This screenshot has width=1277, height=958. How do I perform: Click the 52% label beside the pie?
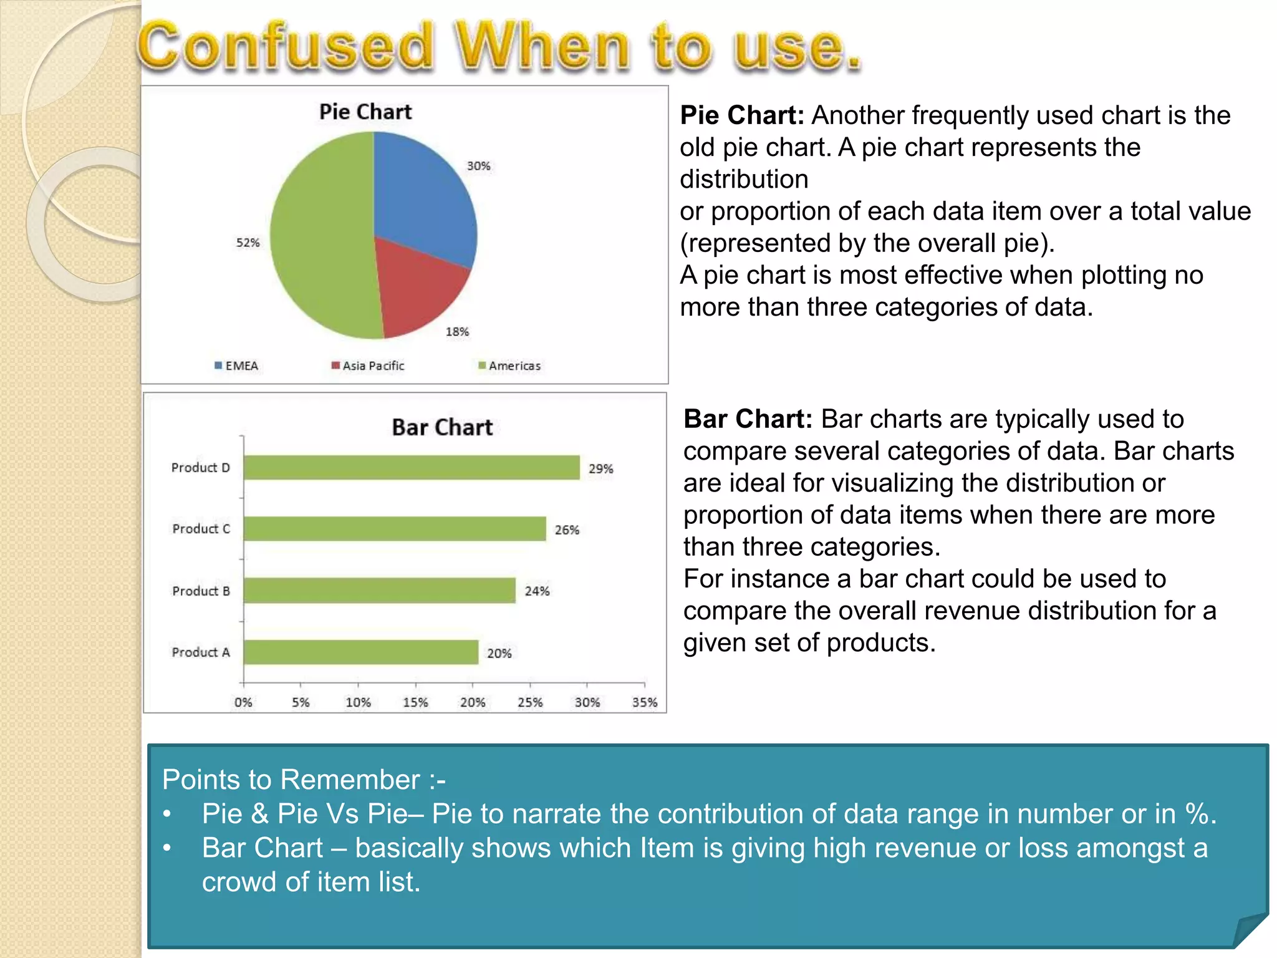[x=248, y=243]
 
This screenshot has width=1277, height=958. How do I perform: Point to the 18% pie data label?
[x=457, y=332]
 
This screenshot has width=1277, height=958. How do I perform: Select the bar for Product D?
[x=412, y=468]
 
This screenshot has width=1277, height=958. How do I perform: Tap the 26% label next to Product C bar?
[x=567, y=530]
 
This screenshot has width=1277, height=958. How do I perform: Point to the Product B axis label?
[x=201, y=591]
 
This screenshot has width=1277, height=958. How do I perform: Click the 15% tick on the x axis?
[x=415, y=703]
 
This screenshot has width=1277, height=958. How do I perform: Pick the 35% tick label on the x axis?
[x=645, y=703]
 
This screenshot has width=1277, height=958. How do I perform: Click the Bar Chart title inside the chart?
[x=442, y=428]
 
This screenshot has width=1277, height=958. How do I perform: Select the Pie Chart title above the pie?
[x=365, y=112]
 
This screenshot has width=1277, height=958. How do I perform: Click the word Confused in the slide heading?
[x=285, y=47]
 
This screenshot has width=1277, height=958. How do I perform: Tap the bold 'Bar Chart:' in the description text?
[x=748, y=419]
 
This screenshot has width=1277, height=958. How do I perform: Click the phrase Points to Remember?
[x=291, y=780]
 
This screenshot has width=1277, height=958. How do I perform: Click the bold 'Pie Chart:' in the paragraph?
[x=742, y=115]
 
